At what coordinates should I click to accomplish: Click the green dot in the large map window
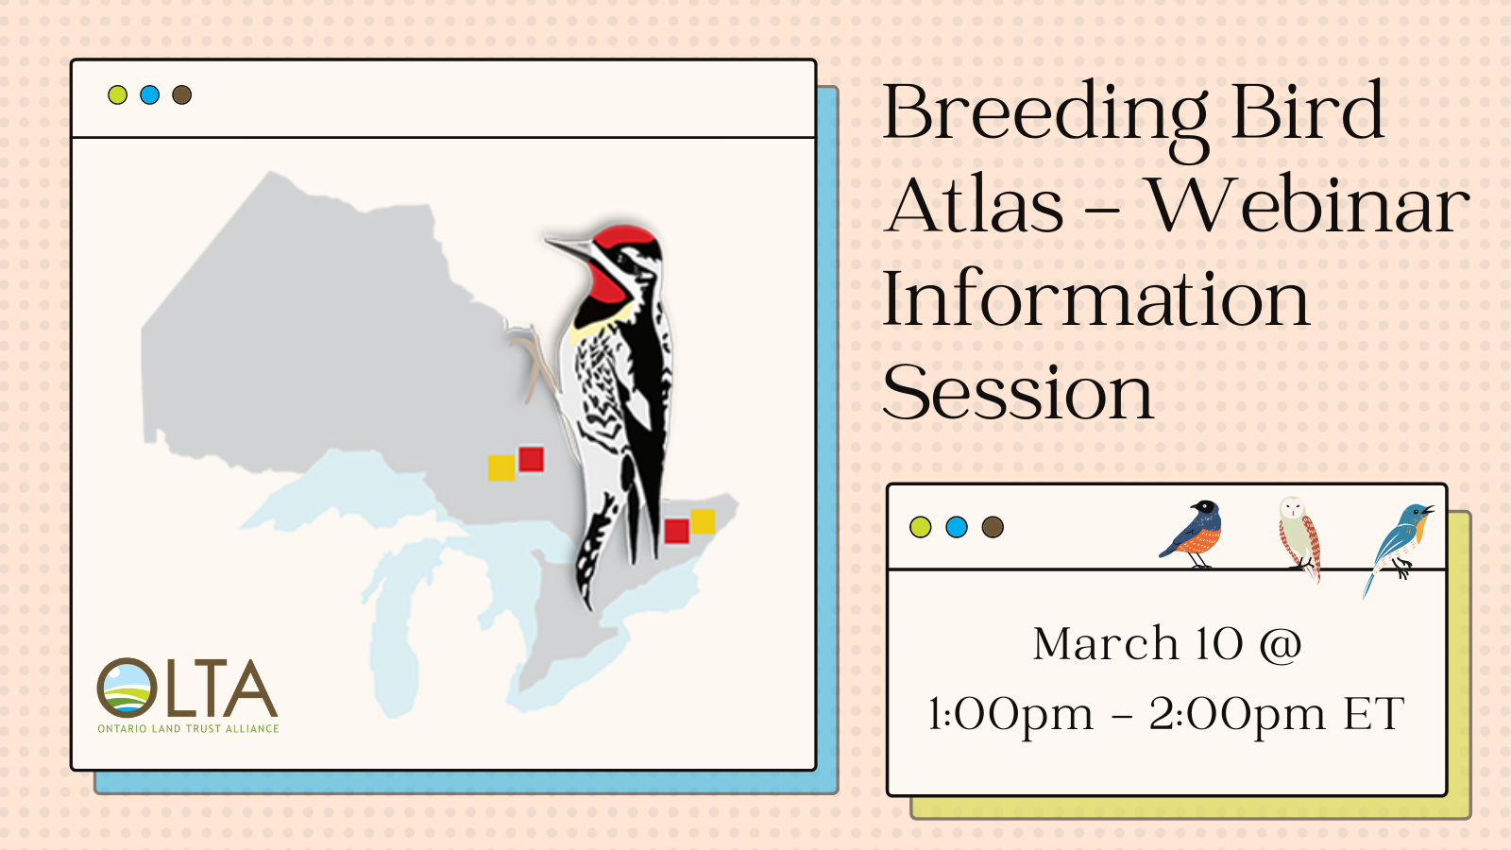(117, 95)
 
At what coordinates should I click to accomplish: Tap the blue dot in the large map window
(150, 95)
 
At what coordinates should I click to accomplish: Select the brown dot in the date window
(993, 527)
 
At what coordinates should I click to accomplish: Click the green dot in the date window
(920, 527)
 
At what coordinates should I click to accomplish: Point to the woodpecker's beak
(568, 248)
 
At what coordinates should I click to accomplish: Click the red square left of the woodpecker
(532, 459)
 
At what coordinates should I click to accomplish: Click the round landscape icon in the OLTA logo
(127, 688)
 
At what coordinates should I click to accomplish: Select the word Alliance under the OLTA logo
(252, 728)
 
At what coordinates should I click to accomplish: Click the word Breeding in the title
(1044, 114)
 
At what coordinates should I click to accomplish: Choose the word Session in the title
(1018, 393)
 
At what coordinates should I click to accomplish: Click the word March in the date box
(1106, 643)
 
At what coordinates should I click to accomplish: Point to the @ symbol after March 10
(1281, 645)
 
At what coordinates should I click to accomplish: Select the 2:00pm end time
(1238, 715)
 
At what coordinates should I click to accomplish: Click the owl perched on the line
(1299, 537)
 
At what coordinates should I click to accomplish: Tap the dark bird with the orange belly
(1194, 533)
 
